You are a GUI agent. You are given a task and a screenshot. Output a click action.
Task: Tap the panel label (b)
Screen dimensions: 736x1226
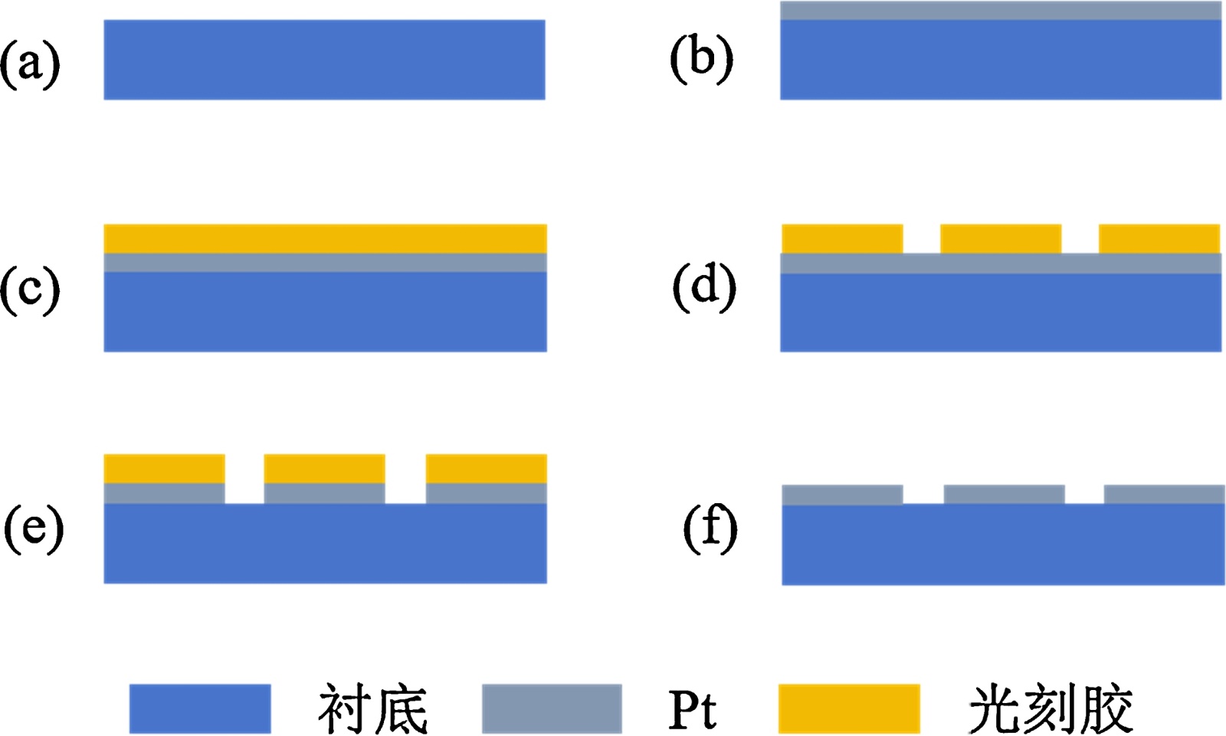(701, 59)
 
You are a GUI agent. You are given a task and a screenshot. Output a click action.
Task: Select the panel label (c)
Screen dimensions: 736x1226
(30, 290)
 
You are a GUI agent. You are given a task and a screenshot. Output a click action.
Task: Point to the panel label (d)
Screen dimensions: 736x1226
(704, 286)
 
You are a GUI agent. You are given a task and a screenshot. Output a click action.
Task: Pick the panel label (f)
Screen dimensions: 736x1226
(710, 528)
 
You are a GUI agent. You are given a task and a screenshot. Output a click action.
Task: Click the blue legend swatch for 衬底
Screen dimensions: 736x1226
(200, 708)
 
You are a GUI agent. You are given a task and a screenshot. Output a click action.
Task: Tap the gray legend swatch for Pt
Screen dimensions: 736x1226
(552, 708)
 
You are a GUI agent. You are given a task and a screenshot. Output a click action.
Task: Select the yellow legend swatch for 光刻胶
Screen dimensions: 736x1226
(849, 708)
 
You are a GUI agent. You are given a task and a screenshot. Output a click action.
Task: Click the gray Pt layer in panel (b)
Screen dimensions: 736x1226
(1001, 11)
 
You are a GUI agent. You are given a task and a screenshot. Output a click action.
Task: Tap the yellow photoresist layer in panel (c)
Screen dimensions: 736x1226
(325, 238)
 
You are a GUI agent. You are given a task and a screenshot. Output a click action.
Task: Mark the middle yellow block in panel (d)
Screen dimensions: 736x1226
(1001, 238)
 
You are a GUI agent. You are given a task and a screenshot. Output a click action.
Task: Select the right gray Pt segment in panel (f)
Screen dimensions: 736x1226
(1164, 494)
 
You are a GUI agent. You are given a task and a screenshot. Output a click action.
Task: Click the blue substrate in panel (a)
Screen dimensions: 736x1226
(324, 60)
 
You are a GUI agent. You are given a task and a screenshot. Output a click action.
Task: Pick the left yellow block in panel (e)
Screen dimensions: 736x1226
(164, 468)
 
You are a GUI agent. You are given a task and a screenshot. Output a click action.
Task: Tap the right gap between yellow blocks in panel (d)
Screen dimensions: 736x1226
(1080, 238)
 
